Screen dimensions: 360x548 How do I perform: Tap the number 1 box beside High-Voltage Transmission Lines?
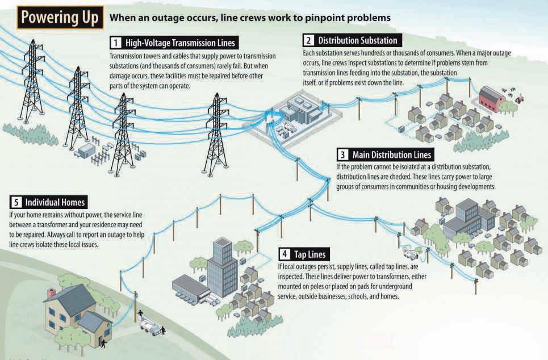pyautogui.click(x=115, y=43)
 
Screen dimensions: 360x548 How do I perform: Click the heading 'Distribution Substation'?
pyautogui.click(x=358, y=40)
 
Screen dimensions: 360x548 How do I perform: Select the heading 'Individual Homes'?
pyautogui.click(x=55, y=202)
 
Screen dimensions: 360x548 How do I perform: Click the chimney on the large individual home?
pyautogui.click(x=51, y=293)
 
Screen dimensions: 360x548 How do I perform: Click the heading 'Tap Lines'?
pyautogui.click(x=309, y=253)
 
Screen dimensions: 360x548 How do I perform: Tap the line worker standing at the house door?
pyautogui.click(x=103, y=342)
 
